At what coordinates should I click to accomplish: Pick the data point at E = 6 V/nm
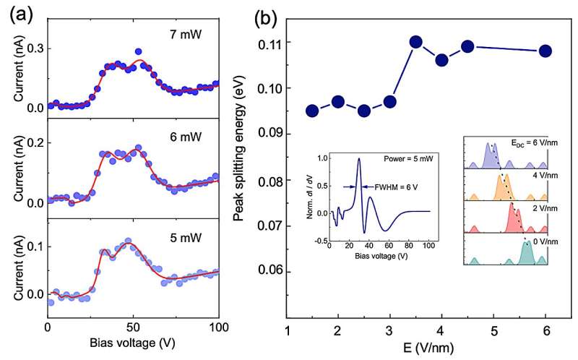[545, 51]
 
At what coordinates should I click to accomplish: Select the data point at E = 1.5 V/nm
[312, 111]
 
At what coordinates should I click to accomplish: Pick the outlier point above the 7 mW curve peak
[138, 52]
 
